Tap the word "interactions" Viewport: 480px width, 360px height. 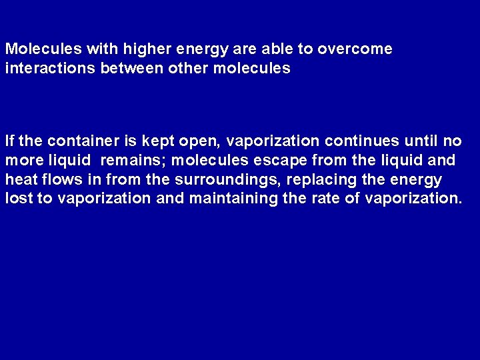pos(50,69)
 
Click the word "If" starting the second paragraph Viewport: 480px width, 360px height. pos(9,141)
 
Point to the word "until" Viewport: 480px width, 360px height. pos(422,141)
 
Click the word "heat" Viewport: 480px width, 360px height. pos(19,180)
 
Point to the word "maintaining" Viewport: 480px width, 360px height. pos(236,199)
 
